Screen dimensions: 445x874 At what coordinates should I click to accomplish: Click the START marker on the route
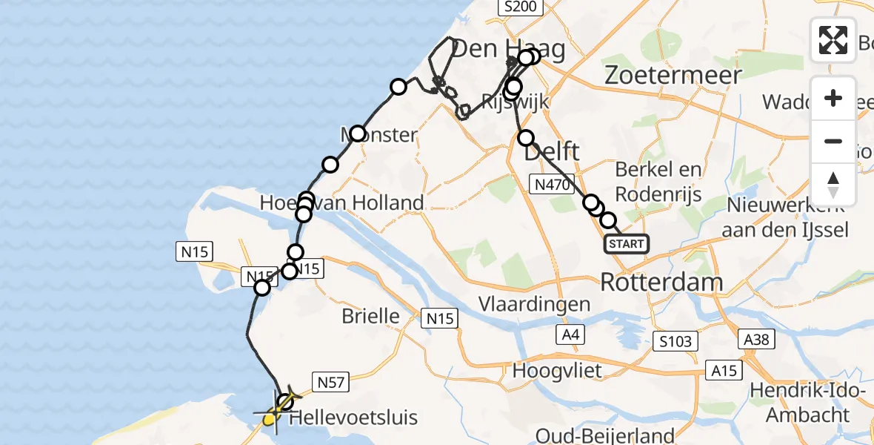click(x=627, y=244)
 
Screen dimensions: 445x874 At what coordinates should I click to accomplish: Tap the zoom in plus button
click(x=833, y=98)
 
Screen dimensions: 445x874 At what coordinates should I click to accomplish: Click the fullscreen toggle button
click(x=833, y=40)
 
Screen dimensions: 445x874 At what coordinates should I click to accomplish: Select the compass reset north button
click(x=833, y=185)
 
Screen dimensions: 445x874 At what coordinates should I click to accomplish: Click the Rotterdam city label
click(x=661, y=282)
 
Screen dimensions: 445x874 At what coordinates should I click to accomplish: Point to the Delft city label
click(x=552, y=153)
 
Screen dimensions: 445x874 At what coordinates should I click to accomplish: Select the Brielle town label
click(x=370, y=317)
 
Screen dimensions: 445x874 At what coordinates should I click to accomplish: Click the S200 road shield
click(x=521, y=7)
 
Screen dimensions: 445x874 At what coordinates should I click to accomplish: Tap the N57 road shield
click(x=331, y=382)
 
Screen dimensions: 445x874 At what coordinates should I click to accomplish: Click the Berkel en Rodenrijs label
click(x=658, y=180)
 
